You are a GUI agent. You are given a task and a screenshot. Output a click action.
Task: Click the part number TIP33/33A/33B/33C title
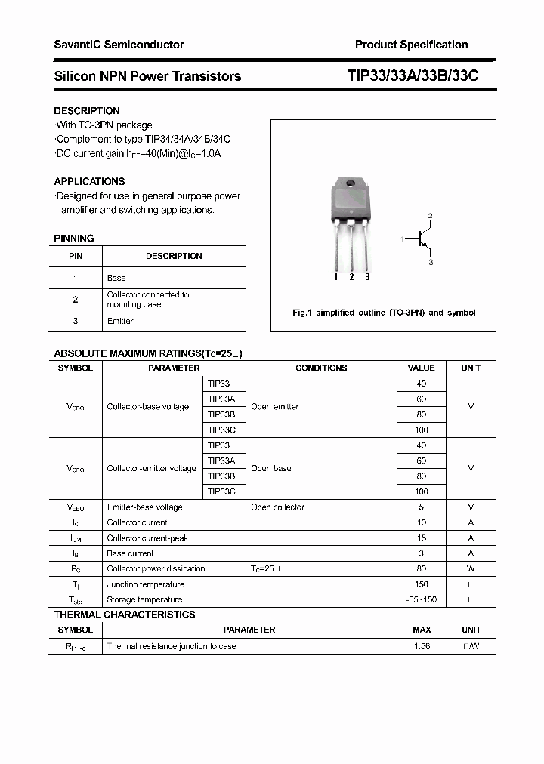(x=413, y=76)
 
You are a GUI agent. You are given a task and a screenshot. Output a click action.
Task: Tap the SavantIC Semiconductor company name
(x=119, y=45)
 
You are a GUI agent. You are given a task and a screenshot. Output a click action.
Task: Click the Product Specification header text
(x=411, y=45)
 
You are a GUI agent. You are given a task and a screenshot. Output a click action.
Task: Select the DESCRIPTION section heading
(x=87, y=111)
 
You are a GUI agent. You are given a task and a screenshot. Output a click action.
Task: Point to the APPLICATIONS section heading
(x=89, y=181)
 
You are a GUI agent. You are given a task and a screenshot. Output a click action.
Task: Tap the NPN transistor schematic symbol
(x=421, y=239)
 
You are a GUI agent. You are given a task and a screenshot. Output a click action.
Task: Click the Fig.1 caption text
(x=384, y=313)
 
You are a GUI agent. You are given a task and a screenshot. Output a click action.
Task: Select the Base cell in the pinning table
(x=116, y=278)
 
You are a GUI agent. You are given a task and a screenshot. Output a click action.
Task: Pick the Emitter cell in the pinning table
(x=120, y=321)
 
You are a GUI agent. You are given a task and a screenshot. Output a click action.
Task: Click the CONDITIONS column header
(x=321, y=368)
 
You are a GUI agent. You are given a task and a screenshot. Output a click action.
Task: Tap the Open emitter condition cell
(x=274, y=407)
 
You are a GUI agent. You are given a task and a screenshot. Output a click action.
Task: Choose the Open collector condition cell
(x=277, y=507)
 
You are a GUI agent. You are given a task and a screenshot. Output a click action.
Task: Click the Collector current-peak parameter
(x=147, y=538)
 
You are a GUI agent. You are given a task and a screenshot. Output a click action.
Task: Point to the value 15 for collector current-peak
(x=422, y=538)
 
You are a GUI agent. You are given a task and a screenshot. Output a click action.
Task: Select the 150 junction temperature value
(x=422, y=584)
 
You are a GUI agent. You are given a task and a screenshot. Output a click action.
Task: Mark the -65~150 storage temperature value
(x=422, y=599)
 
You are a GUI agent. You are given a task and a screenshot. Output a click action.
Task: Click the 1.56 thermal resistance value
(x=422, y=646)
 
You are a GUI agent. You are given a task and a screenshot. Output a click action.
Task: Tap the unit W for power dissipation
(x=471, y=568)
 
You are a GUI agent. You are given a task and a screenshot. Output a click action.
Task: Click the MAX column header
(x=422, y=630)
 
